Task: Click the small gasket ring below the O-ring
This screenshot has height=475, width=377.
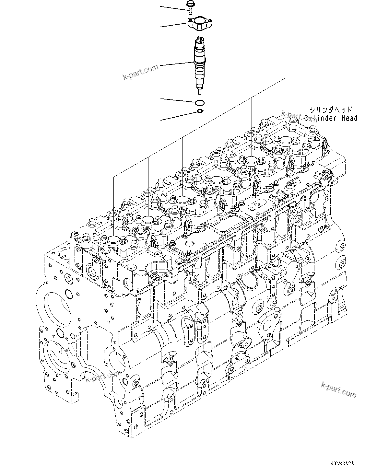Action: [200, 112]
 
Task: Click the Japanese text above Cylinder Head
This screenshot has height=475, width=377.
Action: [330, 110]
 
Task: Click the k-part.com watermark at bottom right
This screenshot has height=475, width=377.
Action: [338, 389]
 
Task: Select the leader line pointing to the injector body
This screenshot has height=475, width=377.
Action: [177, 64]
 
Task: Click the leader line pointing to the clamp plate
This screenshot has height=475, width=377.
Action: [173, 25]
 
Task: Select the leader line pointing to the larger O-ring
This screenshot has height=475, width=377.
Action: [178, 100]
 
